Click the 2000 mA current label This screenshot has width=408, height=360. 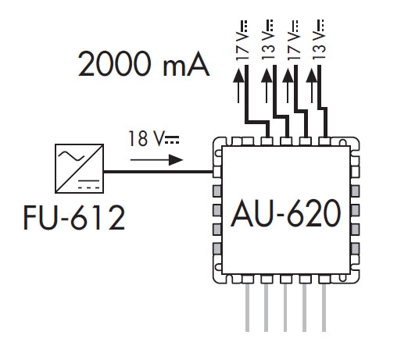(144, 64)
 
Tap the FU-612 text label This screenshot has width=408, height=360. (74, 217)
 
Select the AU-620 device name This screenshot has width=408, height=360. (286, 213)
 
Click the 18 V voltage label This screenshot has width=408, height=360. (154, 138)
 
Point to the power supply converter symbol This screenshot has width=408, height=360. (80, 169)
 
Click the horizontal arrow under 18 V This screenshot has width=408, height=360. (156, 160)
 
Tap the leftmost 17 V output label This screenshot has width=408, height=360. (242, 40)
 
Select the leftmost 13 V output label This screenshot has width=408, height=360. (267, 40)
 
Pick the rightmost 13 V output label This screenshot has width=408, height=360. (318, 40)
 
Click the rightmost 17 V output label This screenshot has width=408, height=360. (294, 40)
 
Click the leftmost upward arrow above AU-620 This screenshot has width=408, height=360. (238, 85)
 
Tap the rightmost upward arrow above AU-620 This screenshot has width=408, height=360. (312, 85)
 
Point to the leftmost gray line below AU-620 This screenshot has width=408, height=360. (247, 308)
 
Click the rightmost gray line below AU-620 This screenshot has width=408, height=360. (324, 308)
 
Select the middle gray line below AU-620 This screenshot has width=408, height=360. (285, 308)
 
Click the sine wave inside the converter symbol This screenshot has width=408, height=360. (71, 155)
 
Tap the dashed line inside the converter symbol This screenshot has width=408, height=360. (89, 187)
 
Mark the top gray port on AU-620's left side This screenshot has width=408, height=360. (217, 191)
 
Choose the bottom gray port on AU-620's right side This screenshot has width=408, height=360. (355, 248)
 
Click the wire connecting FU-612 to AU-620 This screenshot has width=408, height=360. (159, 172)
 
